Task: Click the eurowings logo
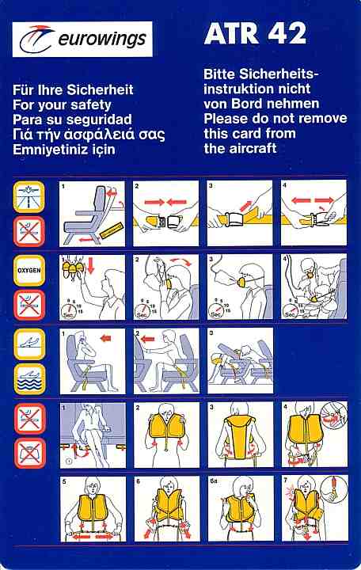pos(82,39)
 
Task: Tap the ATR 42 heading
pos(255,33)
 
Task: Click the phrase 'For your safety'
pos(62,105)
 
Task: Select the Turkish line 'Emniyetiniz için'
pos(64,150)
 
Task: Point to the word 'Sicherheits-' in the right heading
pos(279,74)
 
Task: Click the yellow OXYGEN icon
pos(29,271)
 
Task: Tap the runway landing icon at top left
pos(29,196)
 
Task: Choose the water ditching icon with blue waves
pos(29,379)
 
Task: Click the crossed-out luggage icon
pos(30,453)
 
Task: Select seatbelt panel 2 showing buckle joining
pos(165,214)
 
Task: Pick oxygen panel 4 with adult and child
pos(313,287)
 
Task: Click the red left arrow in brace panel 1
pos(105,339)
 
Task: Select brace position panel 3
pos(240,361)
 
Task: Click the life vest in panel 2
pos(167,429)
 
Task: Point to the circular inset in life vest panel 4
pos(334,416)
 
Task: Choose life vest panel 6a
pos(241,508)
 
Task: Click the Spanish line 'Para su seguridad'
pos(72,120)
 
